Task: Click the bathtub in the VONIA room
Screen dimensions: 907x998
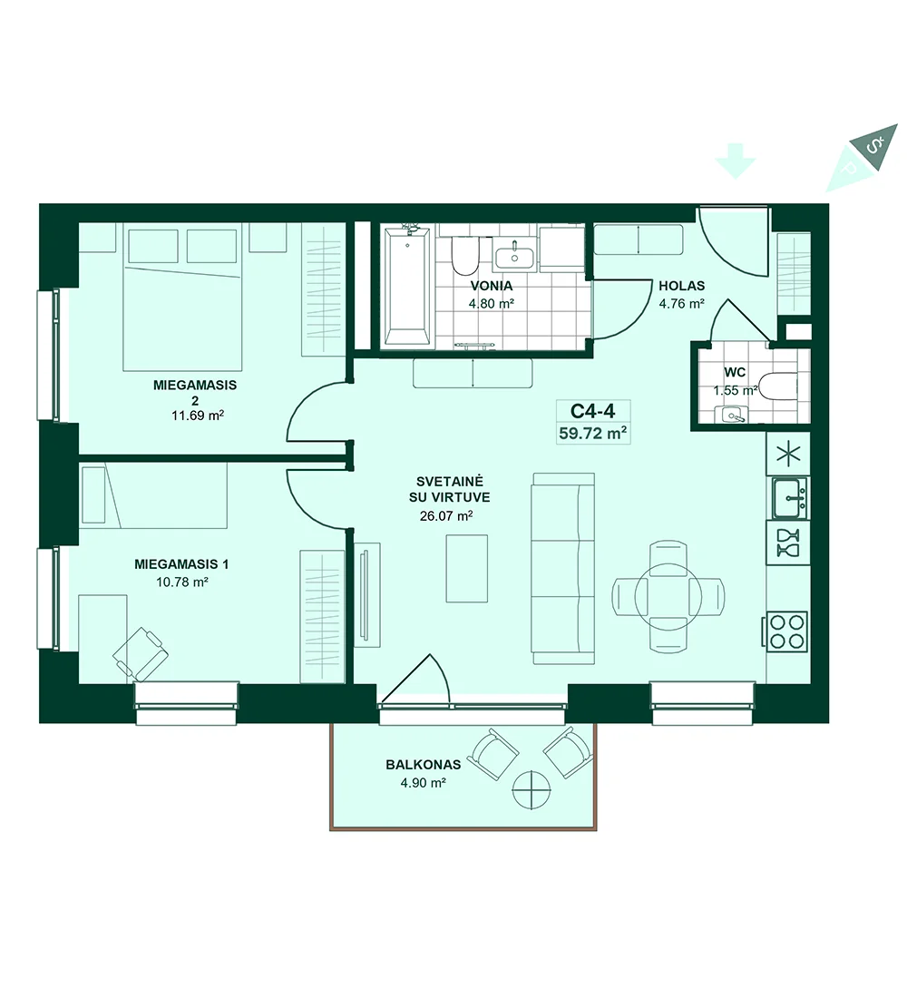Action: pyautogui.click(x=407, y=288)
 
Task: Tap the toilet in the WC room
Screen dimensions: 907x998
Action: pyautogui.click(x=778, y=387)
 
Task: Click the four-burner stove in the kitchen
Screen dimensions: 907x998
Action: pyautogui.click(x=787, y=631)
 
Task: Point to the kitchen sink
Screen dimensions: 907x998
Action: pyautogui.click(x=789, y=498)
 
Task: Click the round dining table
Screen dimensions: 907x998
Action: pyautogui.click(x=668, y=597)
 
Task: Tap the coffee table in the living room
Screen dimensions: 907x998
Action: pyautogui.click(x=466, y=568)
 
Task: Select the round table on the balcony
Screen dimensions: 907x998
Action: pyautogui.click(x=532, y=790)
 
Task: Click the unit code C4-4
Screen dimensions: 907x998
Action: pyautogui.click(x=592, y=410)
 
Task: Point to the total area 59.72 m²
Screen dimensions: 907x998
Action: pyautogui.click(x=592, y=434)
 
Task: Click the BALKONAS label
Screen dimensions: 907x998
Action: pyautogui.click(x=424, y=765)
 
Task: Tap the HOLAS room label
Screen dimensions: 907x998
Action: pyautogui.click(x=682, y=286)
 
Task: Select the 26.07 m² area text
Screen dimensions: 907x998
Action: pyautogui.click(x=446, y=515)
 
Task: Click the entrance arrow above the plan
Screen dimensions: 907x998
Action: pyautogui.click(x=736, y=161)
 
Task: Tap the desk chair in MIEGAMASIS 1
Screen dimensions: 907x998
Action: pyautogui.click(x=141, y=653)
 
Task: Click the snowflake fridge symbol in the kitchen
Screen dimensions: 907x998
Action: pyautogui.click(x=789, y=455)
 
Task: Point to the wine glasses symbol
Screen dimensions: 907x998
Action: pyautogui.click(x=788, y=543)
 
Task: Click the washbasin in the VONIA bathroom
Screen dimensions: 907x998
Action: pyautogui.click(x=514, y=257)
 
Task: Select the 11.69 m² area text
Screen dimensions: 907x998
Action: pyautogui.click(x=198, y=416)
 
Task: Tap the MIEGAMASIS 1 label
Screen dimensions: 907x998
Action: pyautogui.click(x=181, y=564)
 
